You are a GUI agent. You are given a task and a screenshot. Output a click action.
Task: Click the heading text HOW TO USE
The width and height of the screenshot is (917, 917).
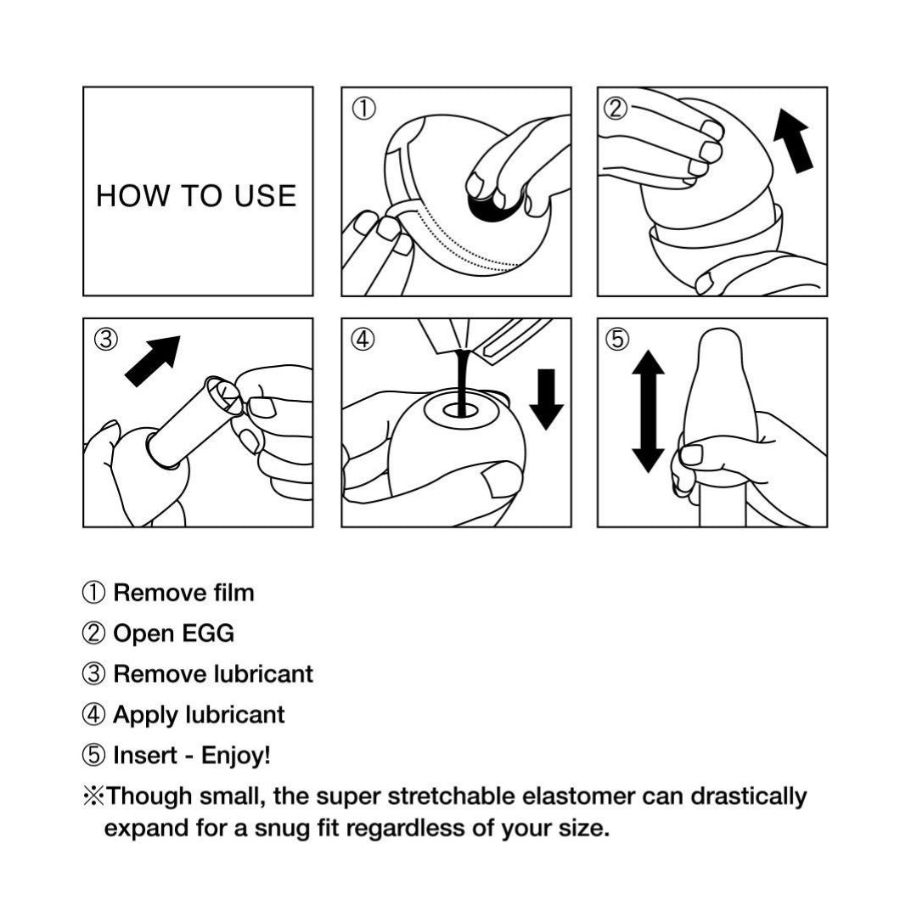coord(196,196)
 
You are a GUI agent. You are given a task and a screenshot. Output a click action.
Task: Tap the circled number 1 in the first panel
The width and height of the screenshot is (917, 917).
coord(363,109)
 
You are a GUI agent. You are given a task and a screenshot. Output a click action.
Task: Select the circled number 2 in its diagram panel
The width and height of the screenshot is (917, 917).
coord(616,109)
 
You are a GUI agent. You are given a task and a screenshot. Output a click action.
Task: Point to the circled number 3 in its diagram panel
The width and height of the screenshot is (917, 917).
coord(106,339)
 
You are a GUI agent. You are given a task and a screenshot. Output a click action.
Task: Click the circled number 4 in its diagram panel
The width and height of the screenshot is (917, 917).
coord(363,339)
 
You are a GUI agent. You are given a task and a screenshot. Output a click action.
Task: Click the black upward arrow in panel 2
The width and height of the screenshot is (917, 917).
coord(792,142)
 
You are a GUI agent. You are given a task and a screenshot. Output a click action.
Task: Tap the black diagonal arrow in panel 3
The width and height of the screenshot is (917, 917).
coord(153,360)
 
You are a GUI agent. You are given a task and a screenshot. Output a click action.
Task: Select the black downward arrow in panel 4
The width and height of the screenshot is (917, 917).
coord(546,399)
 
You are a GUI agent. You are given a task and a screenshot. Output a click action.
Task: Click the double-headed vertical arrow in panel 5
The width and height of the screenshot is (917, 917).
coord(649,411)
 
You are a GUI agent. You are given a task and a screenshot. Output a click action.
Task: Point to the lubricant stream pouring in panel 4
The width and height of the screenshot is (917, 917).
coord(464,383)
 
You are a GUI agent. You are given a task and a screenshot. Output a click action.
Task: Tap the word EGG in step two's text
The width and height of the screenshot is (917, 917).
coord(208,633)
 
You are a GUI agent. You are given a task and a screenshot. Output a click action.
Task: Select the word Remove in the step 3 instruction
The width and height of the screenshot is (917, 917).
coord(160,673)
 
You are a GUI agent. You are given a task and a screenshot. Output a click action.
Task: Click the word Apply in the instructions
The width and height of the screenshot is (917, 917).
coord(146,715)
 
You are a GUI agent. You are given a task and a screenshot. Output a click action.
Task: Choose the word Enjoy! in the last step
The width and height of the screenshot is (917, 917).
coord(236,756)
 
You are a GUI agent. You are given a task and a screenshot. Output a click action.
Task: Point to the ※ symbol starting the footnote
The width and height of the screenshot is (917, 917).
coord(93,796)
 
